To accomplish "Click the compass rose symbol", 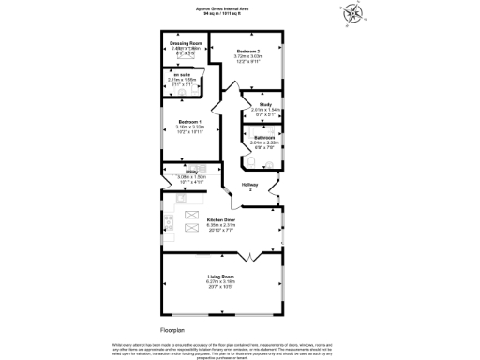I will point(352,13).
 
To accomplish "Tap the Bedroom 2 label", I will point(248,51).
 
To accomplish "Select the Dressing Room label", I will point(187,44).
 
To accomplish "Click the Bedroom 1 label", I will point(190,122).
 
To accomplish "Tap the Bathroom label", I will point(263,137).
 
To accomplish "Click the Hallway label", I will point(250,185).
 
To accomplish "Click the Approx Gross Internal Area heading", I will point(222,7).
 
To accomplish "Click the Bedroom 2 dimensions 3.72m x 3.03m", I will point(248,58).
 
